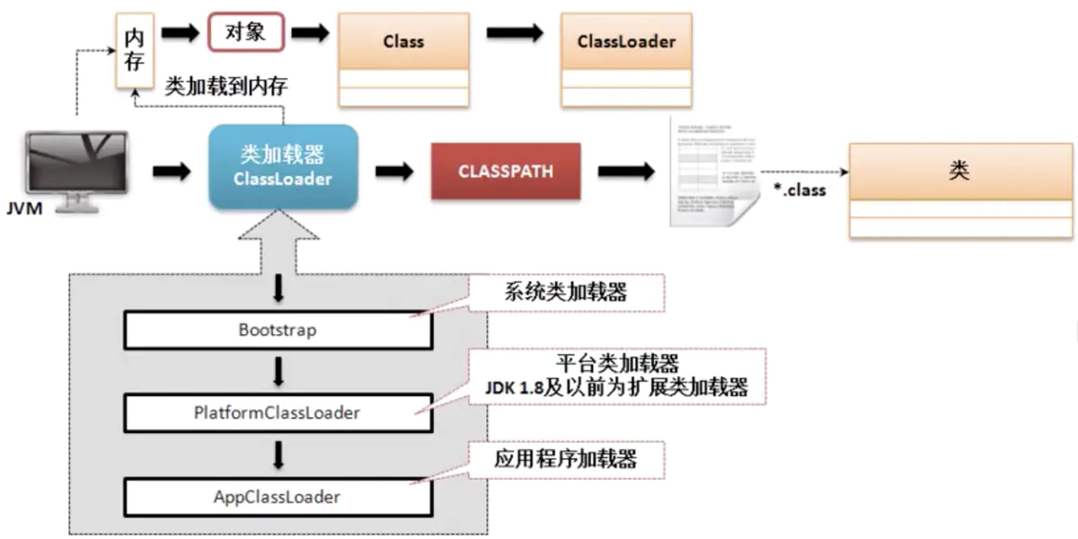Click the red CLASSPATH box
tap(506, 171)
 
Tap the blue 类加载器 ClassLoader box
tap(284, 166)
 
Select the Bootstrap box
tap(278, 330)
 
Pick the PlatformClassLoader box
tap(278, 413)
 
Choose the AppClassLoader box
tap(278, 496)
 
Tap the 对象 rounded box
tap(246, 33)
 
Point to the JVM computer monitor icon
tap(76, 168)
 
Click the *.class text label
tap(800, 190)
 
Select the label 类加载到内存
tap(227, 86)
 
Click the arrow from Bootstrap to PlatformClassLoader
tap(278, 371)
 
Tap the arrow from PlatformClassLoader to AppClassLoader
tap(278, 455)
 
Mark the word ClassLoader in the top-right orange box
tap(626, 41)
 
